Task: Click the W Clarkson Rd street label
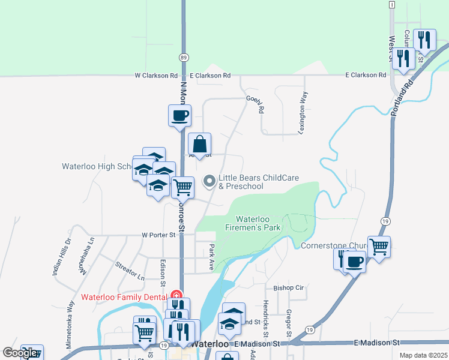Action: point(156,76)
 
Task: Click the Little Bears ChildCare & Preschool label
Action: point(241,182)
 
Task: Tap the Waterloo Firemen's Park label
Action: point(259,224)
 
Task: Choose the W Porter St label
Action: point(158,235)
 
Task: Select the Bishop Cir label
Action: point(289,288)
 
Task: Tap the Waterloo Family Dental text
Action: point(124,296)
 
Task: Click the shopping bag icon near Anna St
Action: point(200,145)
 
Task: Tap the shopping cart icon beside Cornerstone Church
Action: point(379,245)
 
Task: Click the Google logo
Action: point(20,353)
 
